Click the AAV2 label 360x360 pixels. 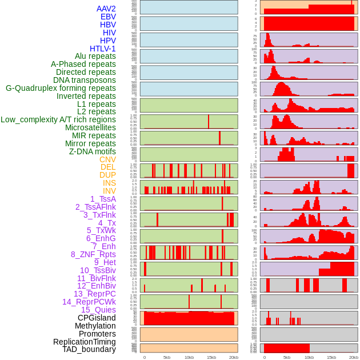tap(106, 9)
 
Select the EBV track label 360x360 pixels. tap(108, 17)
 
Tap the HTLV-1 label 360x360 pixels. tap(102, 49)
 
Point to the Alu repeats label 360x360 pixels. tap(95, 56)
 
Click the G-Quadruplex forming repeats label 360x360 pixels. tap(61, 88)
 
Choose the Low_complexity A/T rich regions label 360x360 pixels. tap(58, 119)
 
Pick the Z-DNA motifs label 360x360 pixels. tap(92, 151)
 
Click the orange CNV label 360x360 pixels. tap(107, 159)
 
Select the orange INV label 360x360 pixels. tap(109, 191)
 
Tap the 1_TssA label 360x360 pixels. tap(103, 199)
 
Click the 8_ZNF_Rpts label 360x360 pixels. tap(93, 254)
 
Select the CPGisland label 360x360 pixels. tap(97, 318)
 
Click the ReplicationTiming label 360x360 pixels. tap(84, 342)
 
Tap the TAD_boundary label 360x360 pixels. tap(89, 349)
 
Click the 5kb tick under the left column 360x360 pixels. tap(167, 357)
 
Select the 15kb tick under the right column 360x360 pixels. tap(331, 357)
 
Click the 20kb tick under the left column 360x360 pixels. tap(233, 357)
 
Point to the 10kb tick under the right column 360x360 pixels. tap(309, 357)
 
